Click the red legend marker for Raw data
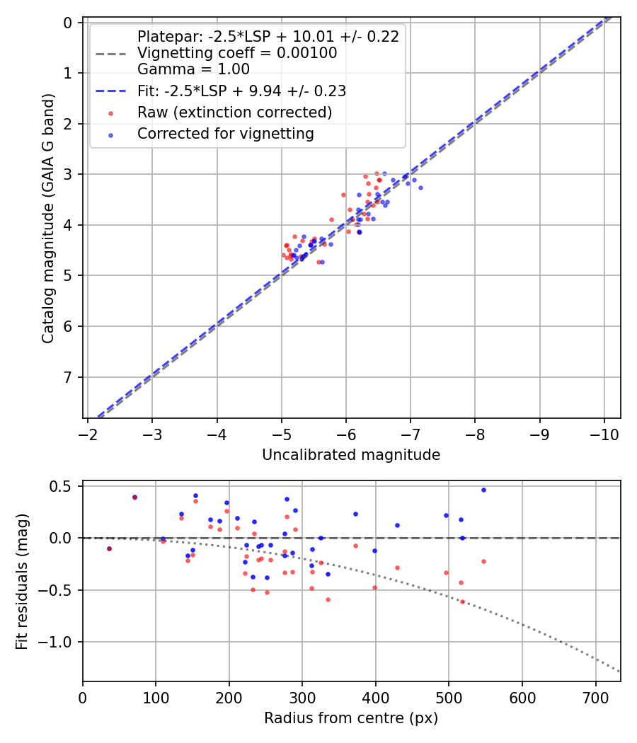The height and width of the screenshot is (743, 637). [110, 113]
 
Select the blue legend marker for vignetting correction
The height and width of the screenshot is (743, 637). [110, 134]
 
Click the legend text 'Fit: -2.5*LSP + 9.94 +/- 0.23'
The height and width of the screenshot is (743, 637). [241, 91]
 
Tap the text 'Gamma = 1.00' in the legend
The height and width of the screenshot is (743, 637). [193, 69]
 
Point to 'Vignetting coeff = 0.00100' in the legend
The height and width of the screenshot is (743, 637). [237, 53]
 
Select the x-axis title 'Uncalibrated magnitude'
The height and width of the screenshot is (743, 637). [351, 455]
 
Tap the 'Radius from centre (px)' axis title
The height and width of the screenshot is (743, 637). [351, 718]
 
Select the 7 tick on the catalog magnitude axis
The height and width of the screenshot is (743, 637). [68, 377]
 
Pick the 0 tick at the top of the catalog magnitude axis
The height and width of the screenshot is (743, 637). [68, 23]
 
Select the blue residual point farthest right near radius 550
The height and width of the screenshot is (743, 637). [483, 490]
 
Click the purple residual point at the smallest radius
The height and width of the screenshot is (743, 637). [109, 548]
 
